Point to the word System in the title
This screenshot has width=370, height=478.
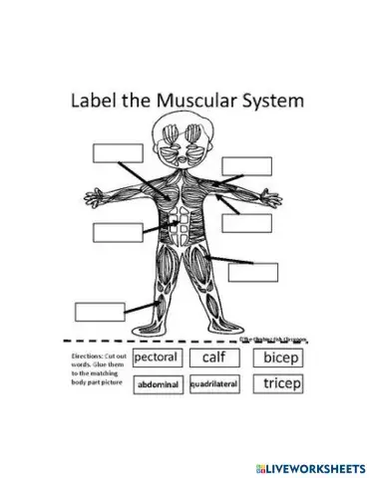tap(270, 102)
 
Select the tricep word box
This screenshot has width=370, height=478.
tap(280, 383)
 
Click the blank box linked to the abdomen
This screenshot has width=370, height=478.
tap(118, 232)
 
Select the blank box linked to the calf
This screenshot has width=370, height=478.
tap(99, 311)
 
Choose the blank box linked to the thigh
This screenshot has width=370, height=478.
tap(252, 271)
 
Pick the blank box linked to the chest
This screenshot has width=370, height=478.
tap(118, 153)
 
